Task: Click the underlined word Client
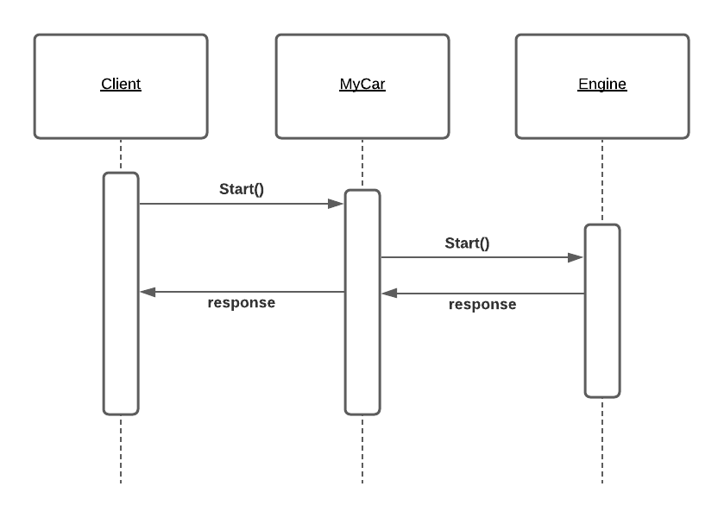121,85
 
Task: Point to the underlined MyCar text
362,85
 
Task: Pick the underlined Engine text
602,85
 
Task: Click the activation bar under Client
121,345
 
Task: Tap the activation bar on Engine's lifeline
602,345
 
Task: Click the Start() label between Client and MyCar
242,189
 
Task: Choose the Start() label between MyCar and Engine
467,243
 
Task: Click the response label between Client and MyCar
242,303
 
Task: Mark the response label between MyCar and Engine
482,305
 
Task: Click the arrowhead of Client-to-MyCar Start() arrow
337,204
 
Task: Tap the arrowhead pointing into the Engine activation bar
576,256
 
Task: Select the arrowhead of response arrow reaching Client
148,292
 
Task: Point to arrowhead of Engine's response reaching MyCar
389,294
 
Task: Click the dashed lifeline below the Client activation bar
121,449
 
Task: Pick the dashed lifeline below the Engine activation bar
602,440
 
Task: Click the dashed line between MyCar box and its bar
362,164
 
